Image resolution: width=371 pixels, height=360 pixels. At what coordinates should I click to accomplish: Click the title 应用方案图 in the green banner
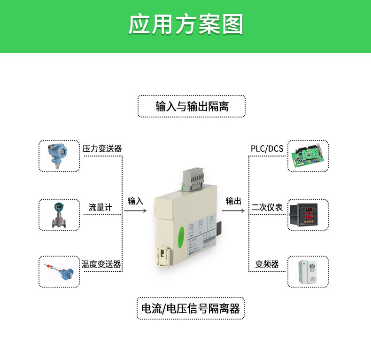tap(185, 24)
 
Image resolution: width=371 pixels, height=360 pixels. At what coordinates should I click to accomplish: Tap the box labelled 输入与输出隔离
tap(192, 106)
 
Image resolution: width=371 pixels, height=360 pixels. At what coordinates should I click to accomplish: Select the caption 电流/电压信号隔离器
tap(190, 308)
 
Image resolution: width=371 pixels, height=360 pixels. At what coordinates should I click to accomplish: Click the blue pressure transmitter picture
tap(59, 156)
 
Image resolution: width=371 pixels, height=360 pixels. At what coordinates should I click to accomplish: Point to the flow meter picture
tap(59, 215)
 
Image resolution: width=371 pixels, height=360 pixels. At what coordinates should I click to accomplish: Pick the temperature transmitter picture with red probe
tap(59, 272)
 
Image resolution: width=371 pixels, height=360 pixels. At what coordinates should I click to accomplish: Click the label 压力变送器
tap(102, 149)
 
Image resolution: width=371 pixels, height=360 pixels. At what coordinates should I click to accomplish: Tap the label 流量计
tap(100, 207)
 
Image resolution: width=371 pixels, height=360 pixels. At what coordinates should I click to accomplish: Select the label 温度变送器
tap(101, 264)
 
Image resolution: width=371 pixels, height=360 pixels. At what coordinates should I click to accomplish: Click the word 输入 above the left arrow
tap(135, 201)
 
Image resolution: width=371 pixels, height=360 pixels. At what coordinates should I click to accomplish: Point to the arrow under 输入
tap(135, 211)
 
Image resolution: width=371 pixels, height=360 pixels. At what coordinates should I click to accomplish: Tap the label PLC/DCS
tap(267, 149)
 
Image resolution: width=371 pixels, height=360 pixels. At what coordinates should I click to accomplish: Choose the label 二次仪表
tap(267, 207)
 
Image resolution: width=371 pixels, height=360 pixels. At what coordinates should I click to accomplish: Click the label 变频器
tap(267, 264)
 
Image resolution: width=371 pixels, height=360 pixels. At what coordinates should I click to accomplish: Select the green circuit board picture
tap(308, 156)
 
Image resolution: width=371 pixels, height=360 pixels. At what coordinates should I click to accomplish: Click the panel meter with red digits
tap(308, 215)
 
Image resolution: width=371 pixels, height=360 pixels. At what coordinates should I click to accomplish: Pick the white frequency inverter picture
tap(308, 272)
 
